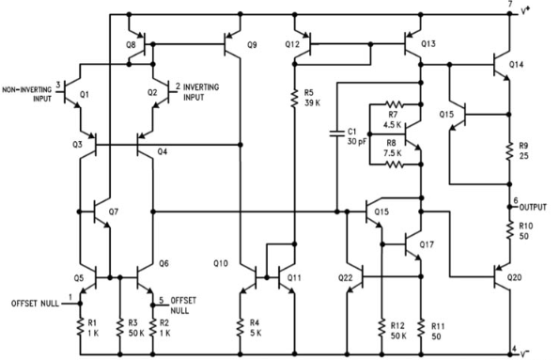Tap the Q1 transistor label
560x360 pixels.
(x=86, y=94)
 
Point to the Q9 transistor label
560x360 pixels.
(x=251, y=44)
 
